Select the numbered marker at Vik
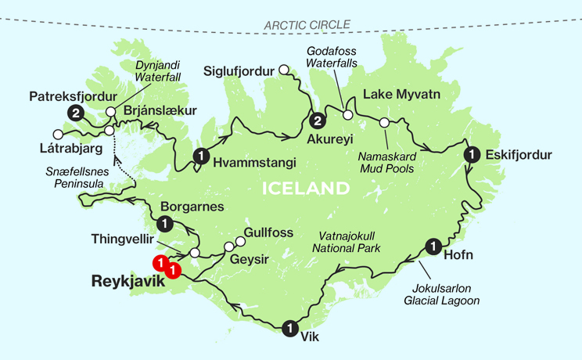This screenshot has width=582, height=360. [x=291, y=328]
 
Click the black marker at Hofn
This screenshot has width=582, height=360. [x=433, y=247]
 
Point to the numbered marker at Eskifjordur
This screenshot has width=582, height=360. [x=472, y=154]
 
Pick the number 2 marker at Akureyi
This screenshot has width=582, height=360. [x=317, y=121]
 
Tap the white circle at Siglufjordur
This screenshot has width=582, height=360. [x=285, y=71]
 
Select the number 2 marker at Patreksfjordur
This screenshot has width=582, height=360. [x=76, y=113]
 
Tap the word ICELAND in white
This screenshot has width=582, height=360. [x=305, y=189]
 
